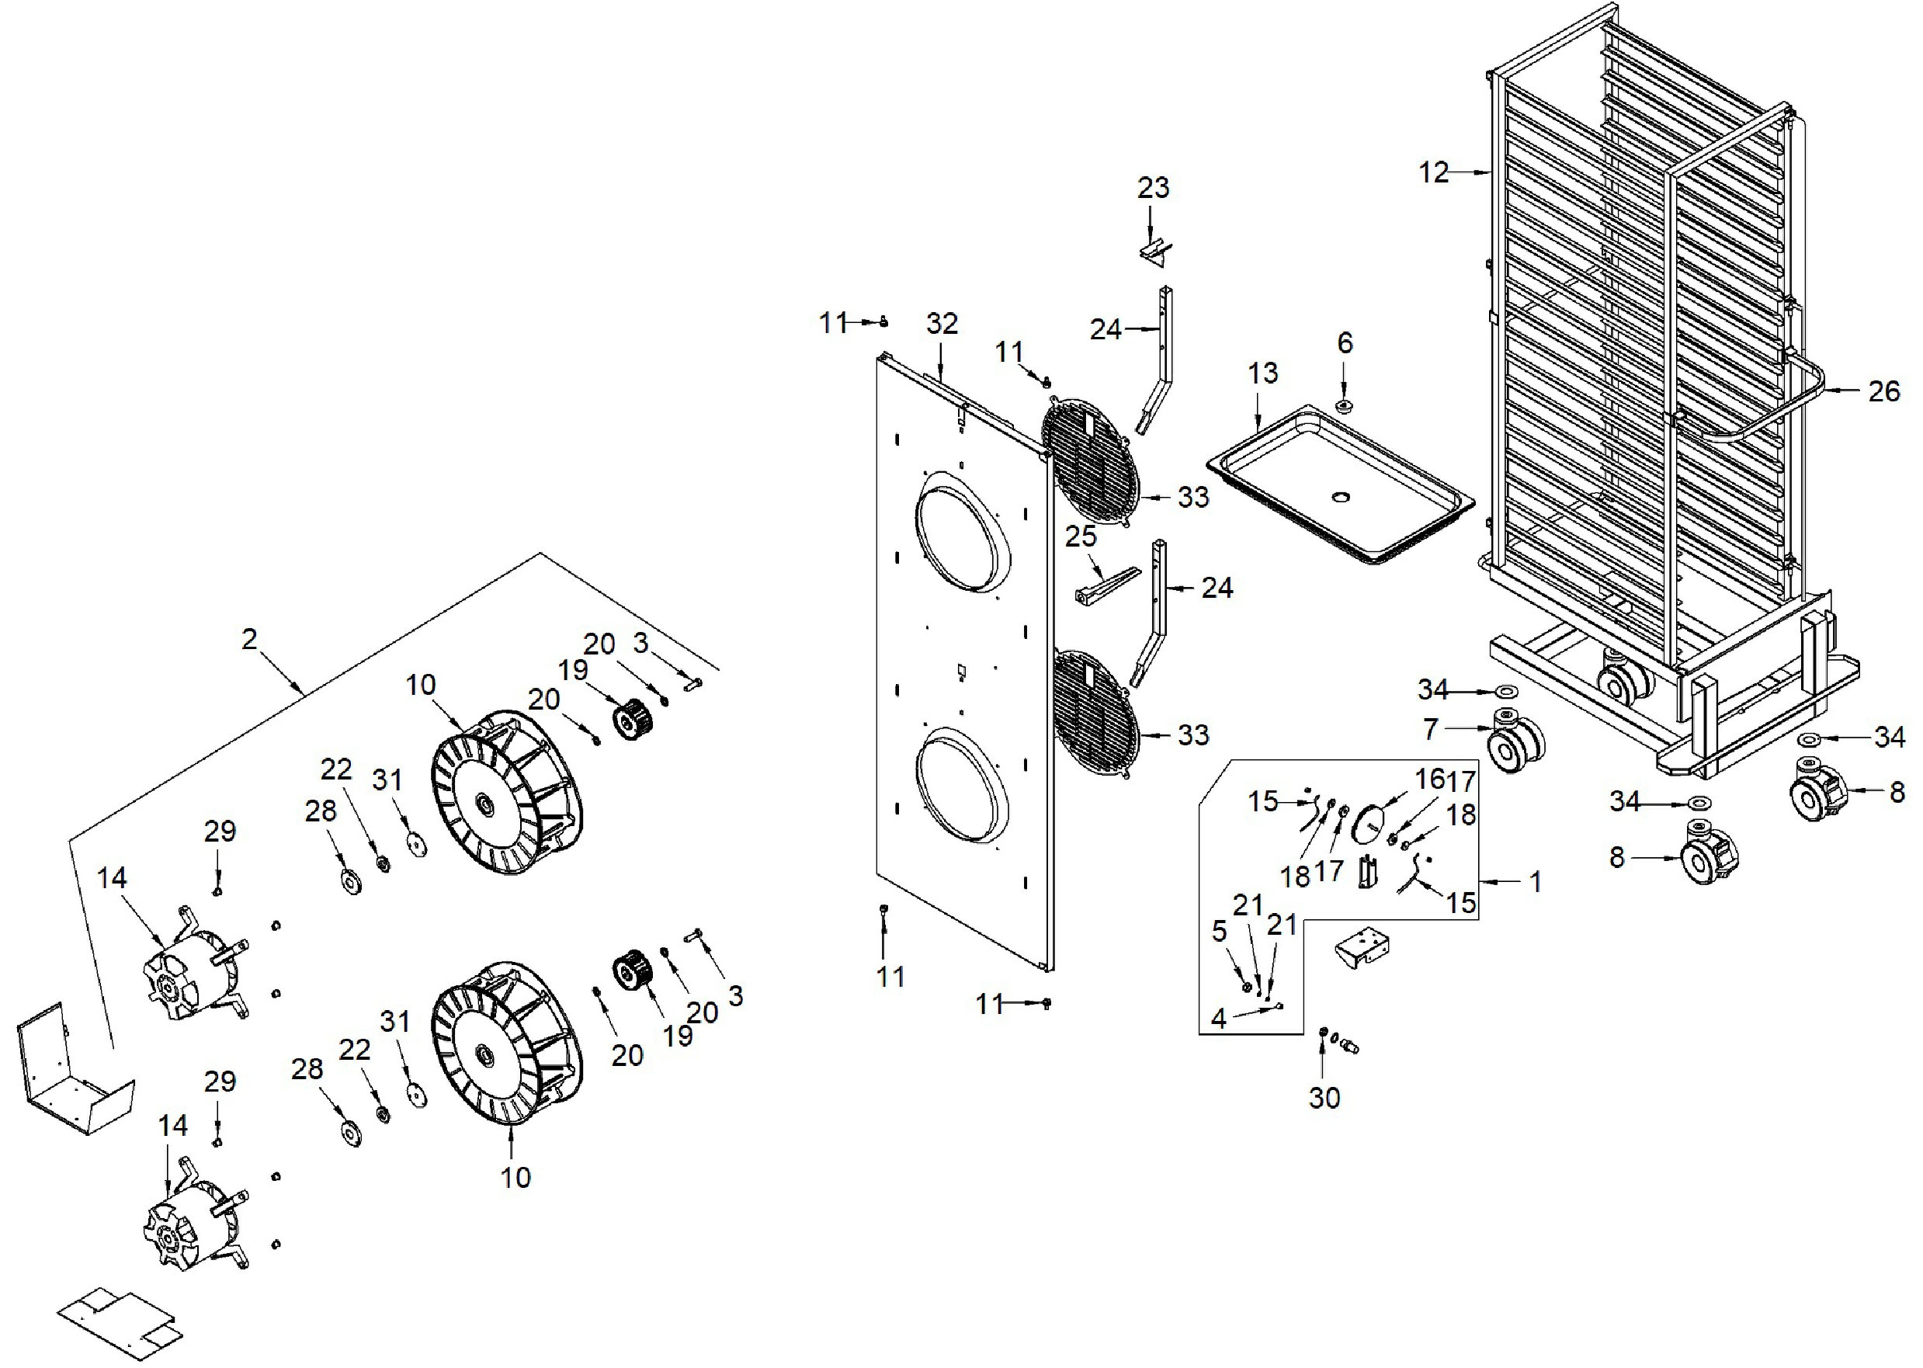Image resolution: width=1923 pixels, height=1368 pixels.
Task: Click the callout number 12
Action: (1434, 172)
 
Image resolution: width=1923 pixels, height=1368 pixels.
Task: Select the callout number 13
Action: (1262, 373)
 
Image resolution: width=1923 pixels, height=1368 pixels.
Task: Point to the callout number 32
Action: (942, 324)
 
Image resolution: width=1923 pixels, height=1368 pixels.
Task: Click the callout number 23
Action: (1153, 187)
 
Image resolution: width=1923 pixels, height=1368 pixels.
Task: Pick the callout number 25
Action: (1081, 536)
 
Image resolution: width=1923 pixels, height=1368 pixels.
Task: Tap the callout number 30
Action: (1324, 1098)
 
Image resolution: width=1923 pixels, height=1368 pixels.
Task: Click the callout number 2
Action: (248, 638)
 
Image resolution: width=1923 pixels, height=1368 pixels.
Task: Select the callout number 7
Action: (1430, 729)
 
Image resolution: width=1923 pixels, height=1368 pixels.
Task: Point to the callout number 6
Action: (1345, 343)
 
